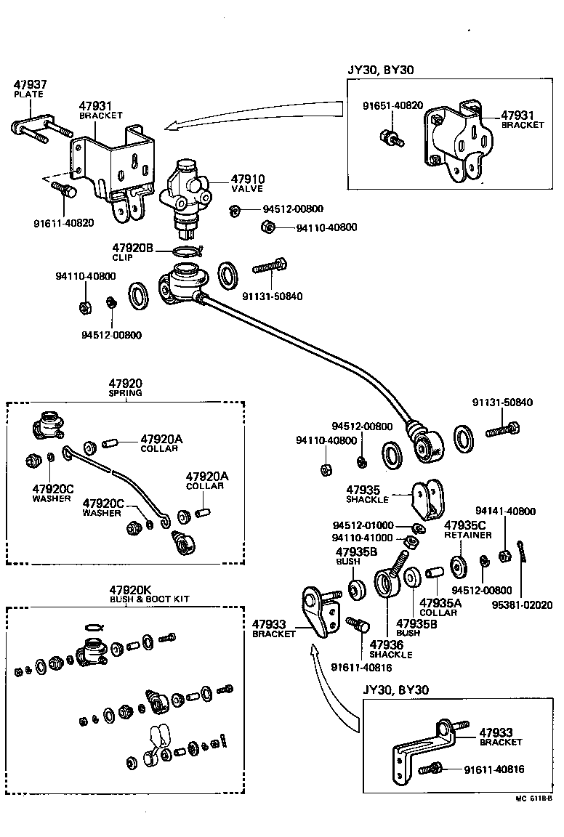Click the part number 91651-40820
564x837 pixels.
coord(392,105)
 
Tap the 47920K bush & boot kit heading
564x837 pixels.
coord(131,589)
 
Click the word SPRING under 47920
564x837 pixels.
coord(126,393)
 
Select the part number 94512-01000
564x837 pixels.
coord(363,525)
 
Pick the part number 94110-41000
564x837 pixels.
coord(362,538)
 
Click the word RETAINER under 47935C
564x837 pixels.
coord(467,535)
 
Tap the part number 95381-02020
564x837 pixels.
coord(523,604)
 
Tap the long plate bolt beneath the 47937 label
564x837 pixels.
coord(40,131)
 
